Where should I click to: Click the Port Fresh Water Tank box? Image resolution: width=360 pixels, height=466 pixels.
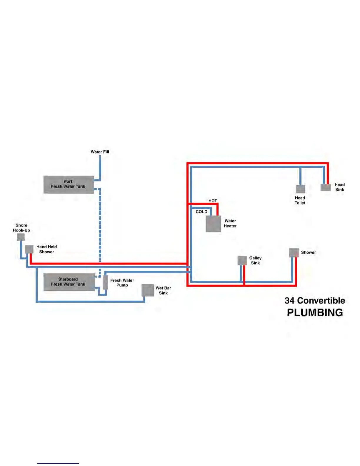[x=69, y=184]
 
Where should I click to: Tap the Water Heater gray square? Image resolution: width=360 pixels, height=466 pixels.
[x=213, y=224]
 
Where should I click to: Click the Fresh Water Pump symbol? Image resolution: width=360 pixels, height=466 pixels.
[x=106, y=282]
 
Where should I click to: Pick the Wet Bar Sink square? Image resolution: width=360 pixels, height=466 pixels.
[x=148, y=290]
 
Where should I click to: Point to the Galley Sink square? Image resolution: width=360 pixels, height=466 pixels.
[x=242, y=260]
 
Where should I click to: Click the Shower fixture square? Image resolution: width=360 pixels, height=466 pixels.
[x=294, y=253]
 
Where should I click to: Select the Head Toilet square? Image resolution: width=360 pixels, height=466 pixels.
[x=300, y=189]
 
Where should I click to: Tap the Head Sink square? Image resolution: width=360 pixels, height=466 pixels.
[x=326, y=187]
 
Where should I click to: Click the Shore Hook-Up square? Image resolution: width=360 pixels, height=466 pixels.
[x=21, y=237]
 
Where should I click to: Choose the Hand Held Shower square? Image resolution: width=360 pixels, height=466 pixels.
[x=29, y=249]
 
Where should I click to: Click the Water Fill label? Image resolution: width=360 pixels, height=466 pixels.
[x=100, y=152]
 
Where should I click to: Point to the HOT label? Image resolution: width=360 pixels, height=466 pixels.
[x=213, y=201]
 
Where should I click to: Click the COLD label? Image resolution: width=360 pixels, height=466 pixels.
[x=201, y=212]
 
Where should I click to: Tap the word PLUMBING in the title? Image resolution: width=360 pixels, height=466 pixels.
[x=315, y=312]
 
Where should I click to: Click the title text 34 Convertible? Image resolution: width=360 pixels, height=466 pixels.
[x=315, y=300]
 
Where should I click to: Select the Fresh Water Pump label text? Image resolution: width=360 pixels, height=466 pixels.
[x=122, y=283]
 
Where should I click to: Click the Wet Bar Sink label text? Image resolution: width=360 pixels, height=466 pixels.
[x=163, y=290]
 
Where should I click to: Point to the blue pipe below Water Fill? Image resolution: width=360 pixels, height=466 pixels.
[x=100, y=166]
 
